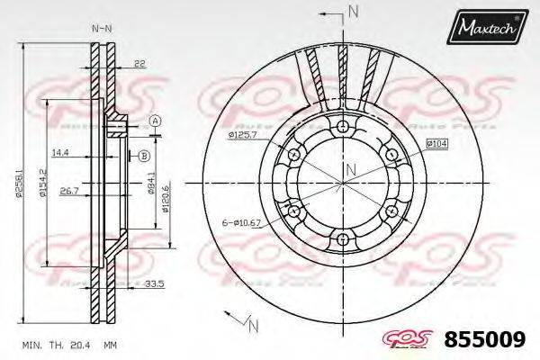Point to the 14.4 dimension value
coord(60,152)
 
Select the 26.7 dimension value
coord(67,191)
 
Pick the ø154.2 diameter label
coord(40,184)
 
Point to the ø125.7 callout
coord(243,135)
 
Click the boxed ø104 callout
coord(436,144)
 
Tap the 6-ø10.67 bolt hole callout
coord(241,221)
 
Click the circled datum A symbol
coord(155,121)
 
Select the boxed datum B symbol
coord(142,156)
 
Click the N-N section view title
coord(102,28)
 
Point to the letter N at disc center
coord(352,169)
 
